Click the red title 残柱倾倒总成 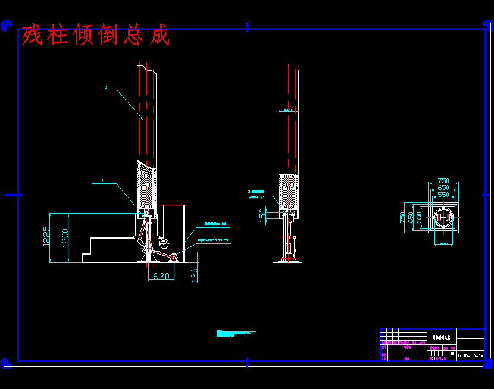coord(95,36)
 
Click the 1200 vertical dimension coord(66,237)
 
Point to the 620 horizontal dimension coord(162,276)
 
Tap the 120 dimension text coord(194,274)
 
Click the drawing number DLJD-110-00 coord(470,356)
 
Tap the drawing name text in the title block coord(441,337)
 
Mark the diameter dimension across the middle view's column coord(289,110)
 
